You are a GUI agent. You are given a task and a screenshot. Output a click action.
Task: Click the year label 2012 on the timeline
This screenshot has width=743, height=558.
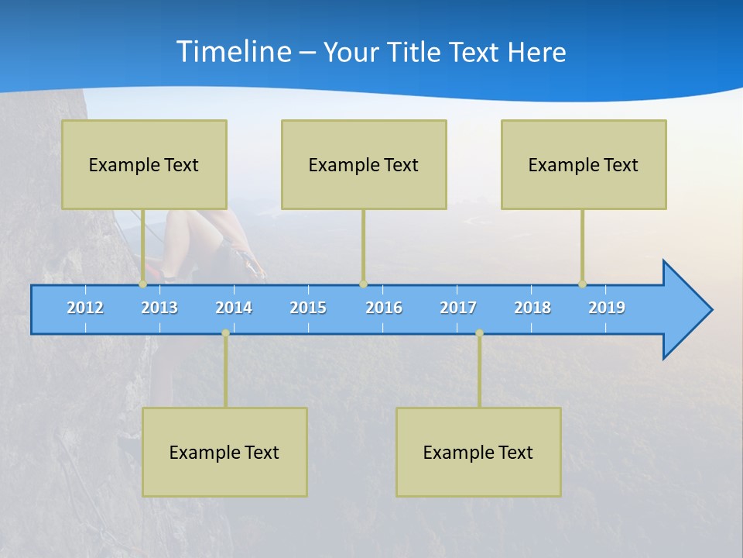pos(85,308)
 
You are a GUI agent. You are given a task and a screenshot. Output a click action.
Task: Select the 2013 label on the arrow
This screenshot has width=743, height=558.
pos(159,308)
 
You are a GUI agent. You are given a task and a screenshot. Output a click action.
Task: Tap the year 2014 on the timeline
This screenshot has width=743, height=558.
pos(234,308)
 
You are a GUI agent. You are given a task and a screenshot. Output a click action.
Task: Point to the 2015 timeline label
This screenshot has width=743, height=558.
pos(308,308)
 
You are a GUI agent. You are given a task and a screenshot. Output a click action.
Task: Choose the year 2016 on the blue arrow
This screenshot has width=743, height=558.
pos(384,308)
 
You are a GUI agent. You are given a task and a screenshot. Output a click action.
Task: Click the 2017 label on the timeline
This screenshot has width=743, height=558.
pos(458,308)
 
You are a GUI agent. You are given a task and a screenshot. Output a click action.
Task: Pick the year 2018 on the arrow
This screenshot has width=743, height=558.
pos(532,308)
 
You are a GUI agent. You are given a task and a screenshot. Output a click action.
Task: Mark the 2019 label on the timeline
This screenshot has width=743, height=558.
pos(607,308)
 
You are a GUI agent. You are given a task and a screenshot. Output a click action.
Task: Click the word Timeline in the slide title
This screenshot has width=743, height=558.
pos(233,52)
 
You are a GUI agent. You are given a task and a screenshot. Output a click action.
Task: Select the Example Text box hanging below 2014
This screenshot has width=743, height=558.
pos(224,452)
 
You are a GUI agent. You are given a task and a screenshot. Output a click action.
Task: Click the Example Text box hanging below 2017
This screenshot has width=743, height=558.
pos(478,452)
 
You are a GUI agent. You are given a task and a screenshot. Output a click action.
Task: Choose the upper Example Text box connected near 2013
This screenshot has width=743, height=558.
pos(144,164)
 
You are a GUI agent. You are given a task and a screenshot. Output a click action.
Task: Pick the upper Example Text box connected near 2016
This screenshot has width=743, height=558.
pos(364,164)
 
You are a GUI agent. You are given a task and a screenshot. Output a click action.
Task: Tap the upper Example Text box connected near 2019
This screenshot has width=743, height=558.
pos(584,164)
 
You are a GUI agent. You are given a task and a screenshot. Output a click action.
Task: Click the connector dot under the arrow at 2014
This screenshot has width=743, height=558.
pos(225,333)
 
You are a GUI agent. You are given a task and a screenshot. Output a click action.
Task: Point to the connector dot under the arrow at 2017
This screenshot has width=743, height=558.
pos(479,333)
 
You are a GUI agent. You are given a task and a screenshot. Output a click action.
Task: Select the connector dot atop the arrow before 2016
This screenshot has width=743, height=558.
pos(363,284)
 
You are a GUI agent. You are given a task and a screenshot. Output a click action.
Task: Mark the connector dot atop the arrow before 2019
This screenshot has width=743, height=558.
pos(582,284)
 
